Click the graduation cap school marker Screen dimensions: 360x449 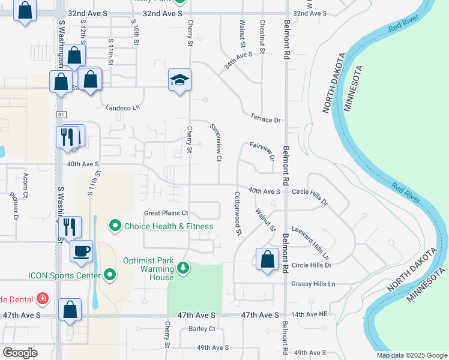click(x=179, y=80)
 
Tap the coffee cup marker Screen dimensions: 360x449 click(x=81, y=251)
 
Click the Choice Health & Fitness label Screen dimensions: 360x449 click(x=169, y=226)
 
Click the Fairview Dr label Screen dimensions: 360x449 click(x=262, y=152)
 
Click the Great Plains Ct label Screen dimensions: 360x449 click(x=166, y=213)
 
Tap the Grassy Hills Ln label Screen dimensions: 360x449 click(x=313, y=284)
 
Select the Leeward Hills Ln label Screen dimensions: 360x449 click(x=311, y=242)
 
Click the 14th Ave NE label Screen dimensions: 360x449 click(x=310, y=314)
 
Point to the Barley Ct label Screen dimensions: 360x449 click(x=202, y=329)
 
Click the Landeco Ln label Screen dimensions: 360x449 click(x=122, y=108)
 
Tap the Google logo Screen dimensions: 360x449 click(x=20, y=353)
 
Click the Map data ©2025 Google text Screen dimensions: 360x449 click(x=411, y=355)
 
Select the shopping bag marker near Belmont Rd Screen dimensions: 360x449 click(x=267, y=260)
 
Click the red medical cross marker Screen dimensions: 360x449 click(x=42, y=298)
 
